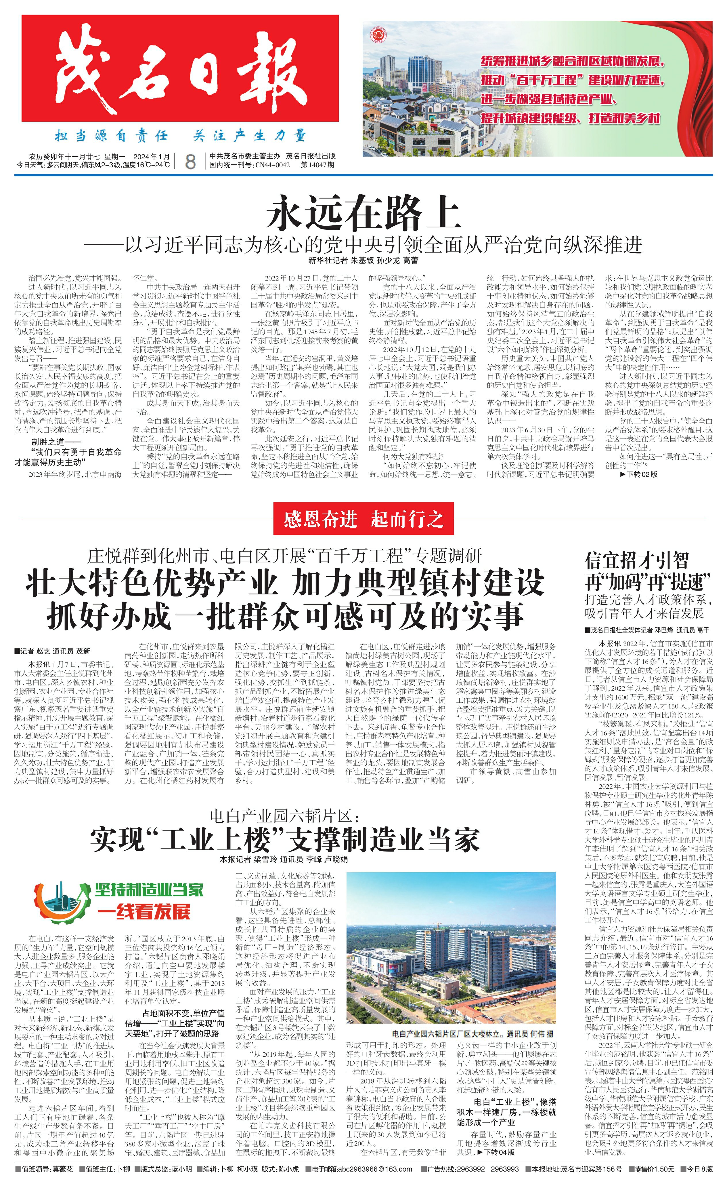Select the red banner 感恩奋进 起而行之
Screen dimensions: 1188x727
[x=363, y=519]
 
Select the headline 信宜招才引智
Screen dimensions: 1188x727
[x=637, y=561]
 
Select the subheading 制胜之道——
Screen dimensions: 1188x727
[x=56, y=442]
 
